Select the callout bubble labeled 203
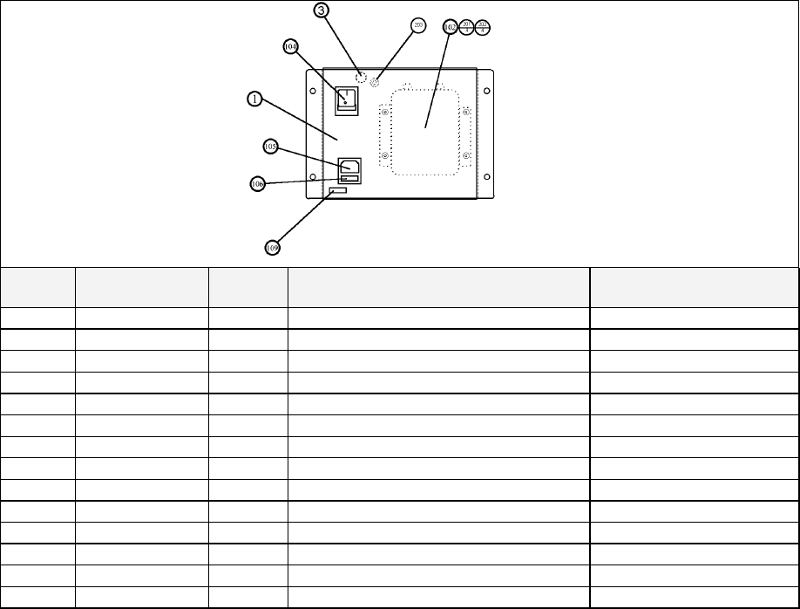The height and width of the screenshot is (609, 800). click(x=418, y=25)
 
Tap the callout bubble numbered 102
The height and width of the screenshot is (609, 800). click(x=450, y=27)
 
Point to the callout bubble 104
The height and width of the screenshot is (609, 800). click(x=292, y=46)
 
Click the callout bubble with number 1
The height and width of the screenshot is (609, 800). click(x=254, y=99)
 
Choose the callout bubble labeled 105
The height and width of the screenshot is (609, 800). click(x=271, y=147)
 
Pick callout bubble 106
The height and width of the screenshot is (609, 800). click(x=257, y=184)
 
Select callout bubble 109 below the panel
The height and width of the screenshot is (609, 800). click(x=273, y=248)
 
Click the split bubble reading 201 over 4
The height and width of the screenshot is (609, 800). click(x=467, y=27)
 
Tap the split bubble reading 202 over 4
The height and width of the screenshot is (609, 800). click(x=483, y=27)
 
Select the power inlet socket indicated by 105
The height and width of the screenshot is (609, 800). click(x=349, y=166)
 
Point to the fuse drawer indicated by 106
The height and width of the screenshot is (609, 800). click(x=349, y=180)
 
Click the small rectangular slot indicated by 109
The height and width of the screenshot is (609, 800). click(x=339, y=191)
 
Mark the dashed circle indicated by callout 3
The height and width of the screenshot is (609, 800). click(x=361, y=77)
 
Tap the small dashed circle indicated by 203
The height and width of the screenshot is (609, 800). click(x=376, y=83)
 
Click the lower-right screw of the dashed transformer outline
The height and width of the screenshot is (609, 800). click(x=466, y=155)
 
